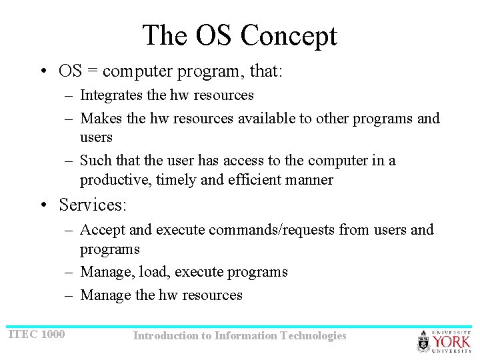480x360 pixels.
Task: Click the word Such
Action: click(x=96, y=161)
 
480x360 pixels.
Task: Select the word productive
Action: click(x=111, y=180)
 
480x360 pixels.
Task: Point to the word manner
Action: click(x=311, y=180)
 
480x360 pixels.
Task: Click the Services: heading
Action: click(x=93, y=205)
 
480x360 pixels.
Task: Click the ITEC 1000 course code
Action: click(x=37, y=333)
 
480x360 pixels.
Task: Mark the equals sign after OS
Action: click(x=91, y=71)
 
